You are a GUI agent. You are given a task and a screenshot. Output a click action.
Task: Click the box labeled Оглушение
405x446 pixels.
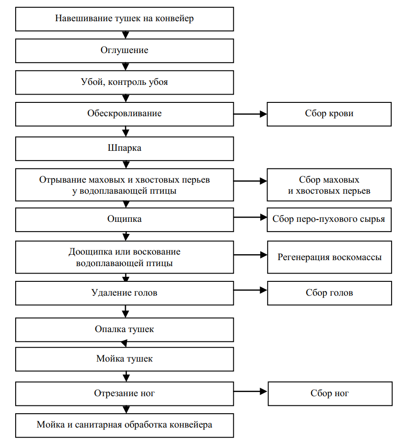(x=125, y=51)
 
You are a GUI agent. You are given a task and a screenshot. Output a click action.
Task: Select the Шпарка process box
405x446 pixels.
(x=125, y=149)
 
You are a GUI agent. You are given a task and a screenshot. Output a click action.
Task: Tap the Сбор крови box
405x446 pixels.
(x=329, y=114)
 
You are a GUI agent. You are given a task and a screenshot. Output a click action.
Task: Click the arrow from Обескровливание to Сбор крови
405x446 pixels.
(x=250, y=114)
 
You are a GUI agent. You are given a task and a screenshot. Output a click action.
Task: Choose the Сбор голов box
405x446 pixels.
(x=329, y=293)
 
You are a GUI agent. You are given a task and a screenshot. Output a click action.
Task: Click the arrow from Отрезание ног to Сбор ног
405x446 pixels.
(x=250, y=392)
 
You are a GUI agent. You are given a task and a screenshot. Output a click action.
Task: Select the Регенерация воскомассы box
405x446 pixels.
(x=329, y=257)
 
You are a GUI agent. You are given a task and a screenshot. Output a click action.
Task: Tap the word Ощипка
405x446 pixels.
(x=124, y=219)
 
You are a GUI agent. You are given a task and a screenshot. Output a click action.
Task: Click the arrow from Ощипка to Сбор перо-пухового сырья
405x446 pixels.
(x=250, y=218)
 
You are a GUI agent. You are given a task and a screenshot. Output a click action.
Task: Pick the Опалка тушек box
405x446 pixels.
(x=125, y=330)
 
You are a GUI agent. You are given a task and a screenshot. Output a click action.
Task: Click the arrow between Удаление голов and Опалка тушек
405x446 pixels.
(x=125, y=311)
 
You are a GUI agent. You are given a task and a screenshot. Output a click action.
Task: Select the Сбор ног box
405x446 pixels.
(x=330, y=394)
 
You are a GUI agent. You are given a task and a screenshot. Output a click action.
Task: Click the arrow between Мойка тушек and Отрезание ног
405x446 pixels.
(x=126, y=376)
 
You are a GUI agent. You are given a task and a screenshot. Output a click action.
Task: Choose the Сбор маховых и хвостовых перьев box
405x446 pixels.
(x=329, y=185)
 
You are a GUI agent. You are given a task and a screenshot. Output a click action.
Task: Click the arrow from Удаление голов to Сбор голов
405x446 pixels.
(x=250, y=291)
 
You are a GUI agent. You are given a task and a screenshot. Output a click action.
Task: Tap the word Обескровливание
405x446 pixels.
(x=124, y=113)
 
